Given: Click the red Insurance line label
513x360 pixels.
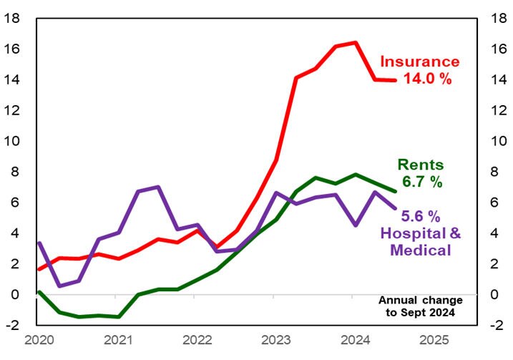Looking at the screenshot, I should tap(419, 62).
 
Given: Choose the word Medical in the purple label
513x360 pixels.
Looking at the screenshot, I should tap(420, 250).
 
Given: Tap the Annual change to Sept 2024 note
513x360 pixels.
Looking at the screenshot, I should tap(420, 306).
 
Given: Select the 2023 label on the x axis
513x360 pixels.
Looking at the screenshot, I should tap(275, 339).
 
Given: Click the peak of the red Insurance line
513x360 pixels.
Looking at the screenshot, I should tap(356, 42).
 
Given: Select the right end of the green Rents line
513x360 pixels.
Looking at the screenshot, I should tap(395, 191).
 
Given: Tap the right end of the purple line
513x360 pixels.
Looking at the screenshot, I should tap(395, 208).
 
